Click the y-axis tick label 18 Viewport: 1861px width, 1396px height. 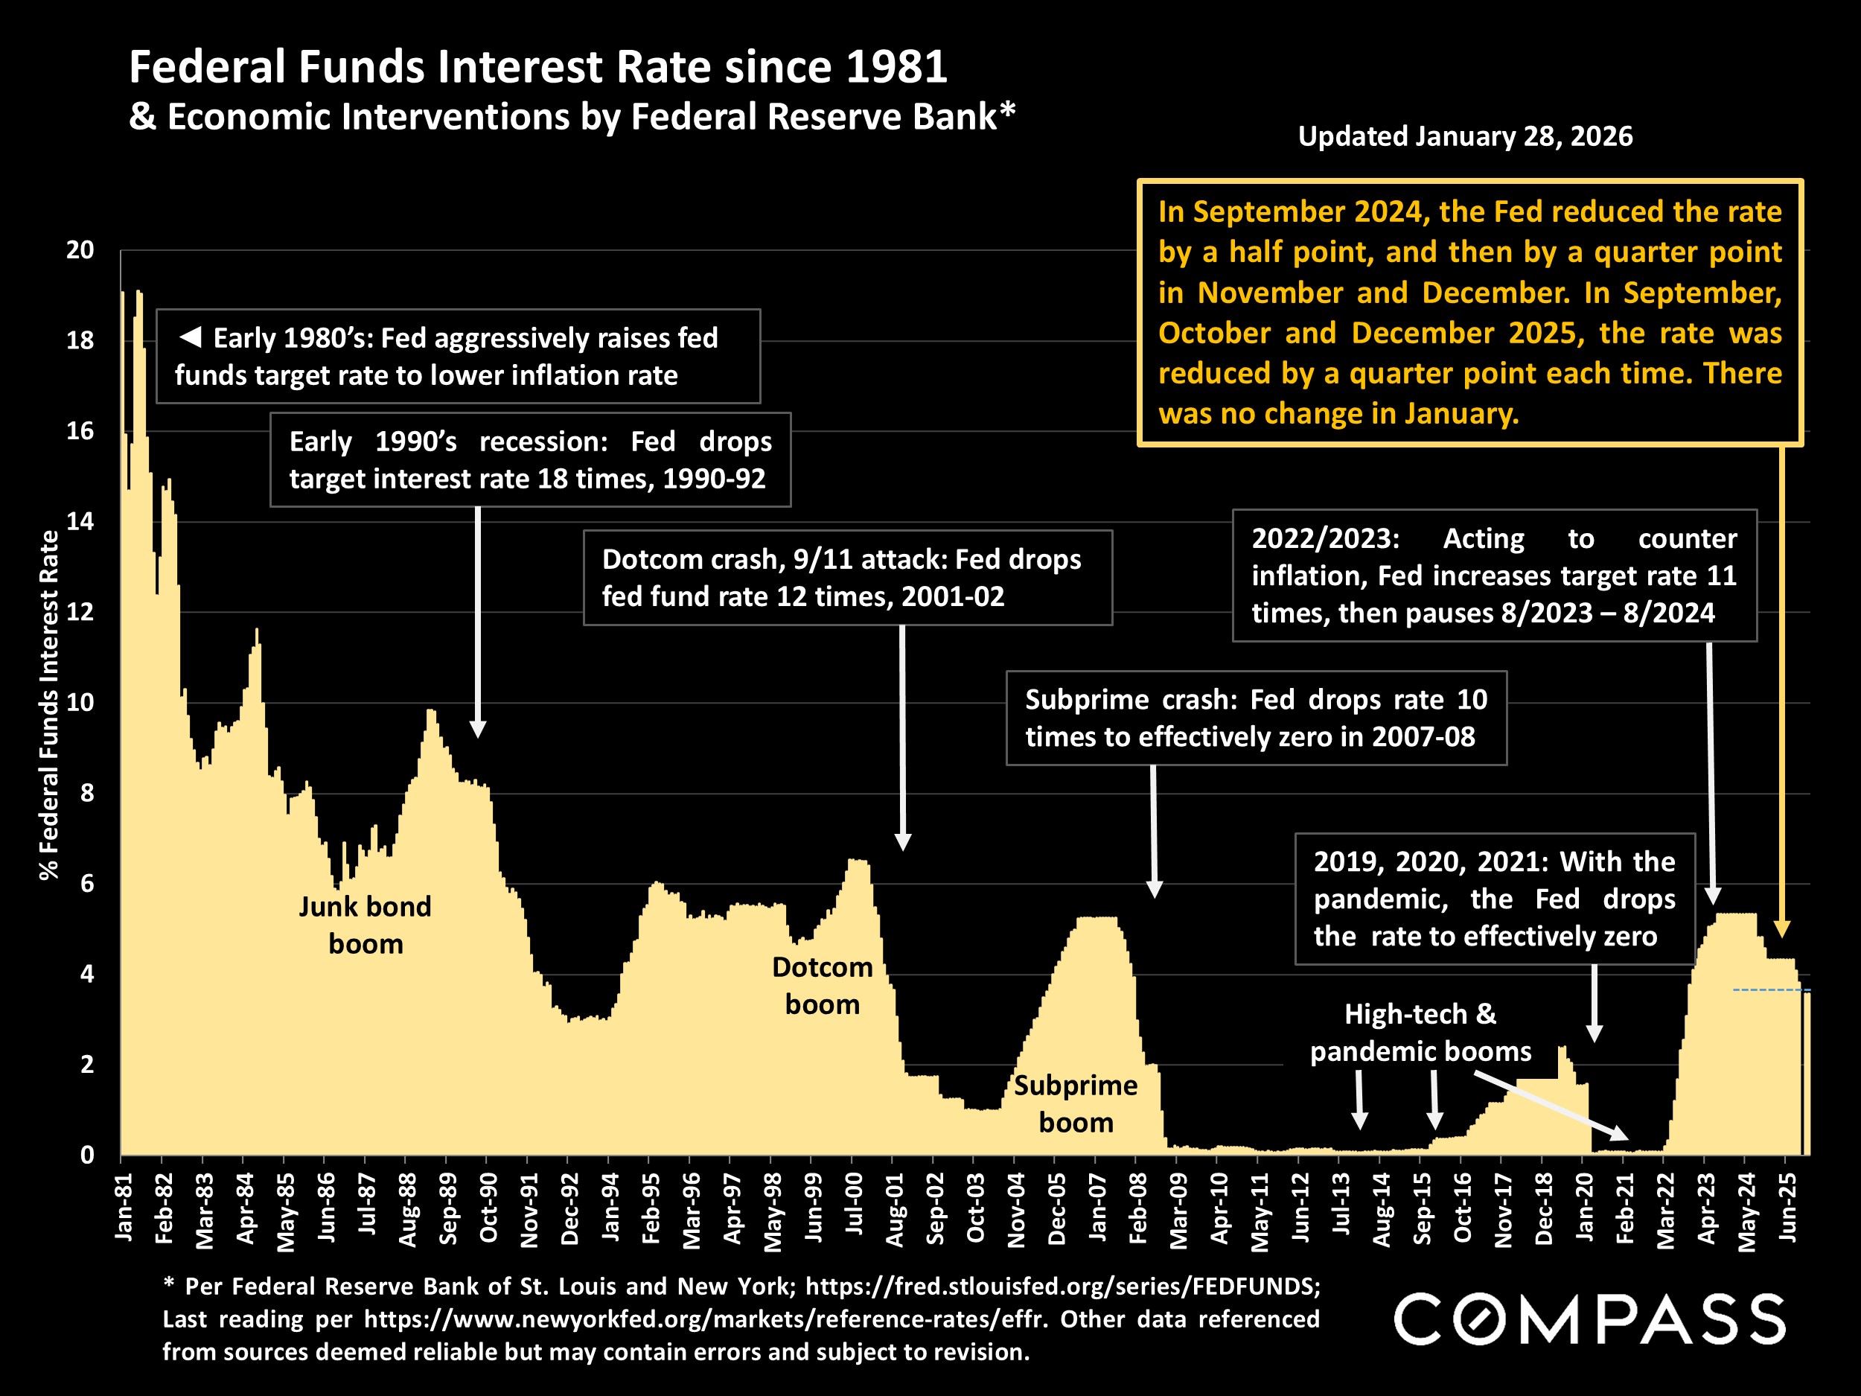pos(80,341)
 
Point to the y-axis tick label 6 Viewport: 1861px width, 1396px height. pos(86,884)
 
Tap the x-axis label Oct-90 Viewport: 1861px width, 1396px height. pos(489,1208)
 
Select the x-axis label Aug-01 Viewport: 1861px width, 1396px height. pos(896,1209)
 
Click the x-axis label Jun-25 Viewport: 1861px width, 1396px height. pos(1788,1208)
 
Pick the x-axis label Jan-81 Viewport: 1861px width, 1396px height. pos(124,1208)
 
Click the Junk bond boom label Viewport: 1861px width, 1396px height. pos(366,925)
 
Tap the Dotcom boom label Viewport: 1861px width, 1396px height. pos(822,985)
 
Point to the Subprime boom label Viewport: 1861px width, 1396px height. pos(1075,1103)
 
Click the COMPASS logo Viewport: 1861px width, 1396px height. pos(1589,1319)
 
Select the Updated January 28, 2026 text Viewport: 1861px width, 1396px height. pos(1465,136)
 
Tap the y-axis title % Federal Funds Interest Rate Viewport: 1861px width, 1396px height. pos(50,704)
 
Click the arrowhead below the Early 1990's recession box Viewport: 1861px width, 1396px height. pos(478,729)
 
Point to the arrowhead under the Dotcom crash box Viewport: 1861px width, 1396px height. pos(903,841)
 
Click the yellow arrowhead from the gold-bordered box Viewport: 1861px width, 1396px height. pos(1782,928)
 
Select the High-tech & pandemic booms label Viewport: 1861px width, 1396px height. pos(1420,1033)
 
